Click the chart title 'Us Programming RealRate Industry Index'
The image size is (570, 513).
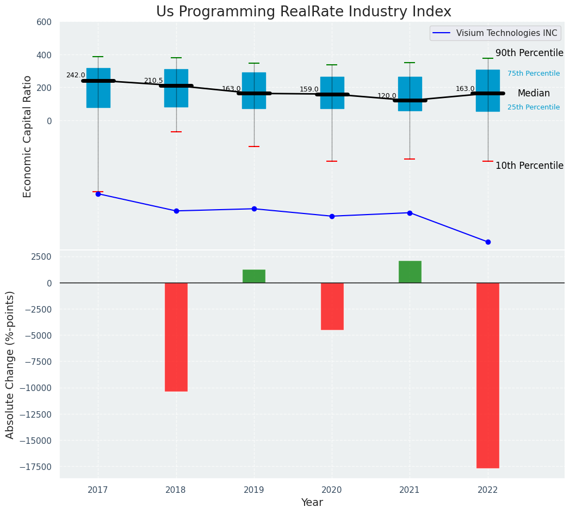(303, 12)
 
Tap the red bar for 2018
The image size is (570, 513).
(176, 337)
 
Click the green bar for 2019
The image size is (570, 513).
(254, 276)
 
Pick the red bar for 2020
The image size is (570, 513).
(332, 306)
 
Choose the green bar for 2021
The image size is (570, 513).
(410, 272)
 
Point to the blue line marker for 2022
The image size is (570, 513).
(488, 242)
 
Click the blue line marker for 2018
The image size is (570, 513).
(176, 211)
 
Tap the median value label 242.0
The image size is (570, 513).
(76, 75)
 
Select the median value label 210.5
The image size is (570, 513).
(153, 81)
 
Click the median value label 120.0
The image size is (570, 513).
(387, 96)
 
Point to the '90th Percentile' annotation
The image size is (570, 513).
(529, 53)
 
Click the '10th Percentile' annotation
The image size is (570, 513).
(529, 166)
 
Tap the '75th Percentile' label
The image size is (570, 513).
(533, 74)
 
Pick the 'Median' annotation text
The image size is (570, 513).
(533, 93)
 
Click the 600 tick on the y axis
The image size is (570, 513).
(44, 22)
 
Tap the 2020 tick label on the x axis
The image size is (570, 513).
(332, 490)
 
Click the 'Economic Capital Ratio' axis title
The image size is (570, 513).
(27, 136)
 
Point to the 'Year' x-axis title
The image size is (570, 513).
(312, 503)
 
